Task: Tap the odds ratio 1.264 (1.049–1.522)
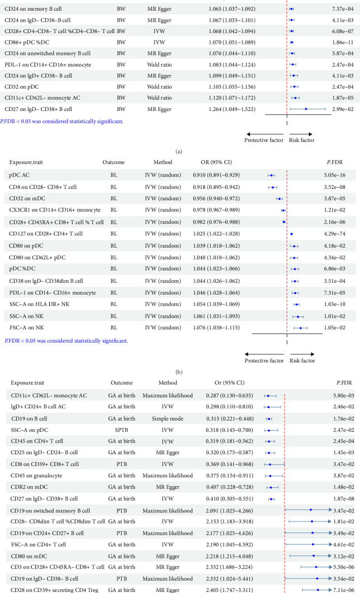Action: point(234,109)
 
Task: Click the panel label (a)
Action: point(179,152)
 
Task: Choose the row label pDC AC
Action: point(19,175)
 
